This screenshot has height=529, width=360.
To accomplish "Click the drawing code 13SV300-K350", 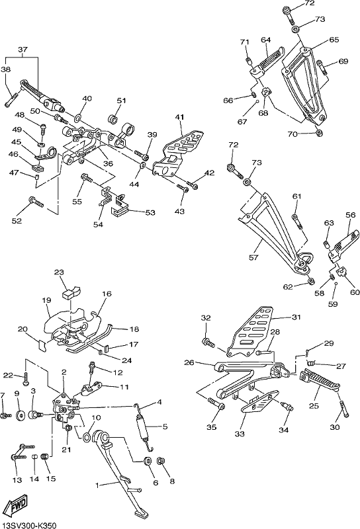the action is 28,524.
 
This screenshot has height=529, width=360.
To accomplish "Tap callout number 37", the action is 22,50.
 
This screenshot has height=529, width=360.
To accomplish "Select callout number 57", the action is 253,257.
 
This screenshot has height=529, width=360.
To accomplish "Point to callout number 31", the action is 296,317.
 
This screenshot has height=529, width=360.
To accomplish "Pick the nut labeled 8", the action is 161,460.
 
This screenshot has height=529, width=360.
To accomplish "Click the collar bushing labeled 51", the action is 112,119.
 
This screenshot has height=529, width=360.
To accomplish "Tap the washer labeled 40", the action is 78,118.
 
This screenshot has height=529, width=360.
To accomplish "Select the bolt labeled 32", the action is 208,343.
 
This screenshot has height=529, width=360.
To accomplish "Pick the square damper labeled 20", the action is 41,345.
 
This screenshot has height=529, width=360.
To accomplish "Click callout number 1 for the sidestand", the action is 97,485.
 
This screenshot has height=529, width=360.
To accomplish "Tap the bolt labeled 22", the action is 26,379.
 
